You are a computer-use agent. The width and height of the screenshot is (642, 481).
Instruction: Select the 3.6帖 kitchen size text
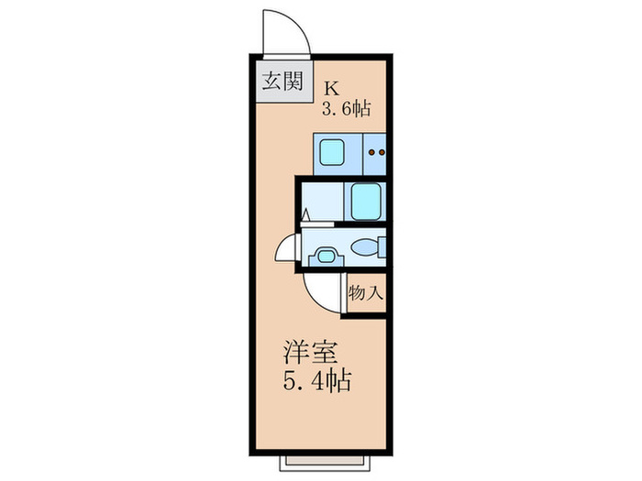coord(345,109)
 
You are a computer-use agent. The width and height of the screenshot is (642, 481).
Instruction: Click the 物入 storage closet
coord(365,294)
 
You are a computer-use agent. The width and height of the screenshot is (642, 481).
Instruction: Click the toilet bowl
coord(363,248)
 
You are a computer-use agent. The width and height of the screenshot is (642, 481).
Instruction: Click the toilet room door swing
coord(289,250)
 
